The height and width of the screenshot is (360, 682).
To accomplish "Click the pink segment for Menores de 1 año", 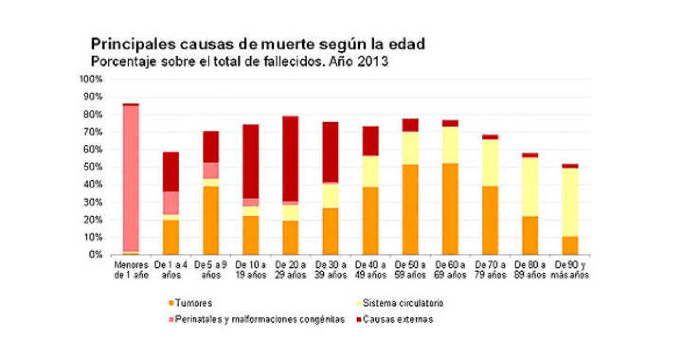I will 131,179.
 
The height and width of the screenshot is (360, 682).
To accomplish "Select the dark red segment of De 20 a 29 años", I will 290,158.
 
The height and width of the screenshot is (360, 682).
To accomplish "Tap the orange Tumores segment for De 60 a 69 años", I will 450,209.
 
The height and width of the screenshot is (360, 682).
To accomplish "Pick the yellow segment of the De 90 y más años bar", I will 570,202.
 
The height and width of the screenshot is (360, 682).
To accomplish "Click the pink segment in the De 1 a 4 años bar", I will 170,203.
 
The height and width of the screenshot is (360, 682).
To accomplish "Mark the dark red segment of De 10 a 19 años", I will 251,162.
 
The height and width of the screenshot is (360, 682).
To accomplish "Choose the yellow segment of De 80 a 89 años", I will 530,187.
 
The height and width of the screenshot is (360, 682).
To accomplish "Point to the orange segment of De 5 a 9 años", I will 211,220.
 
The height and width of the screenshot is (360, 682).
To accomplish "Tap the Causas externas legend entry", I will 394,320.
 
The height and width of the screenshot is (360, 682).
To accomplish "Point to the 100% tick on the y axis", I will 91,79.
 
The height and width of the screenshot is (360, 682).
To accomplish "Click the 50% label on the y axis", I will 92,167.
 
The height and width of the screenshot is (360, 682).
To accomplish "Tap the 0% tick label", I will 95,255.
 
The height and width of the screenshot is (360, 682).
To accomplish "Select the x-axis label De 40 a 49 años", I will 370,270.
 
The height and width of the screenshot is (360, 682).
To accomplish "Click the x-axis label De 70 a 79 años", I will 490,270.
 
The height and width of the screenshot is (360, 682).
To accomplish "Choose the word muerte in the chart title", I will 288,44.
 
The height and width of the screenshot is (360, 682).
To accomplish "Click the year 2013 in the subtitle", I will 373,61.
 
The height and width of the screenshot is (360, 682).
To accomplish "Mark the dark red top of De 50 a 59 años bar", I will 410,125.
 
